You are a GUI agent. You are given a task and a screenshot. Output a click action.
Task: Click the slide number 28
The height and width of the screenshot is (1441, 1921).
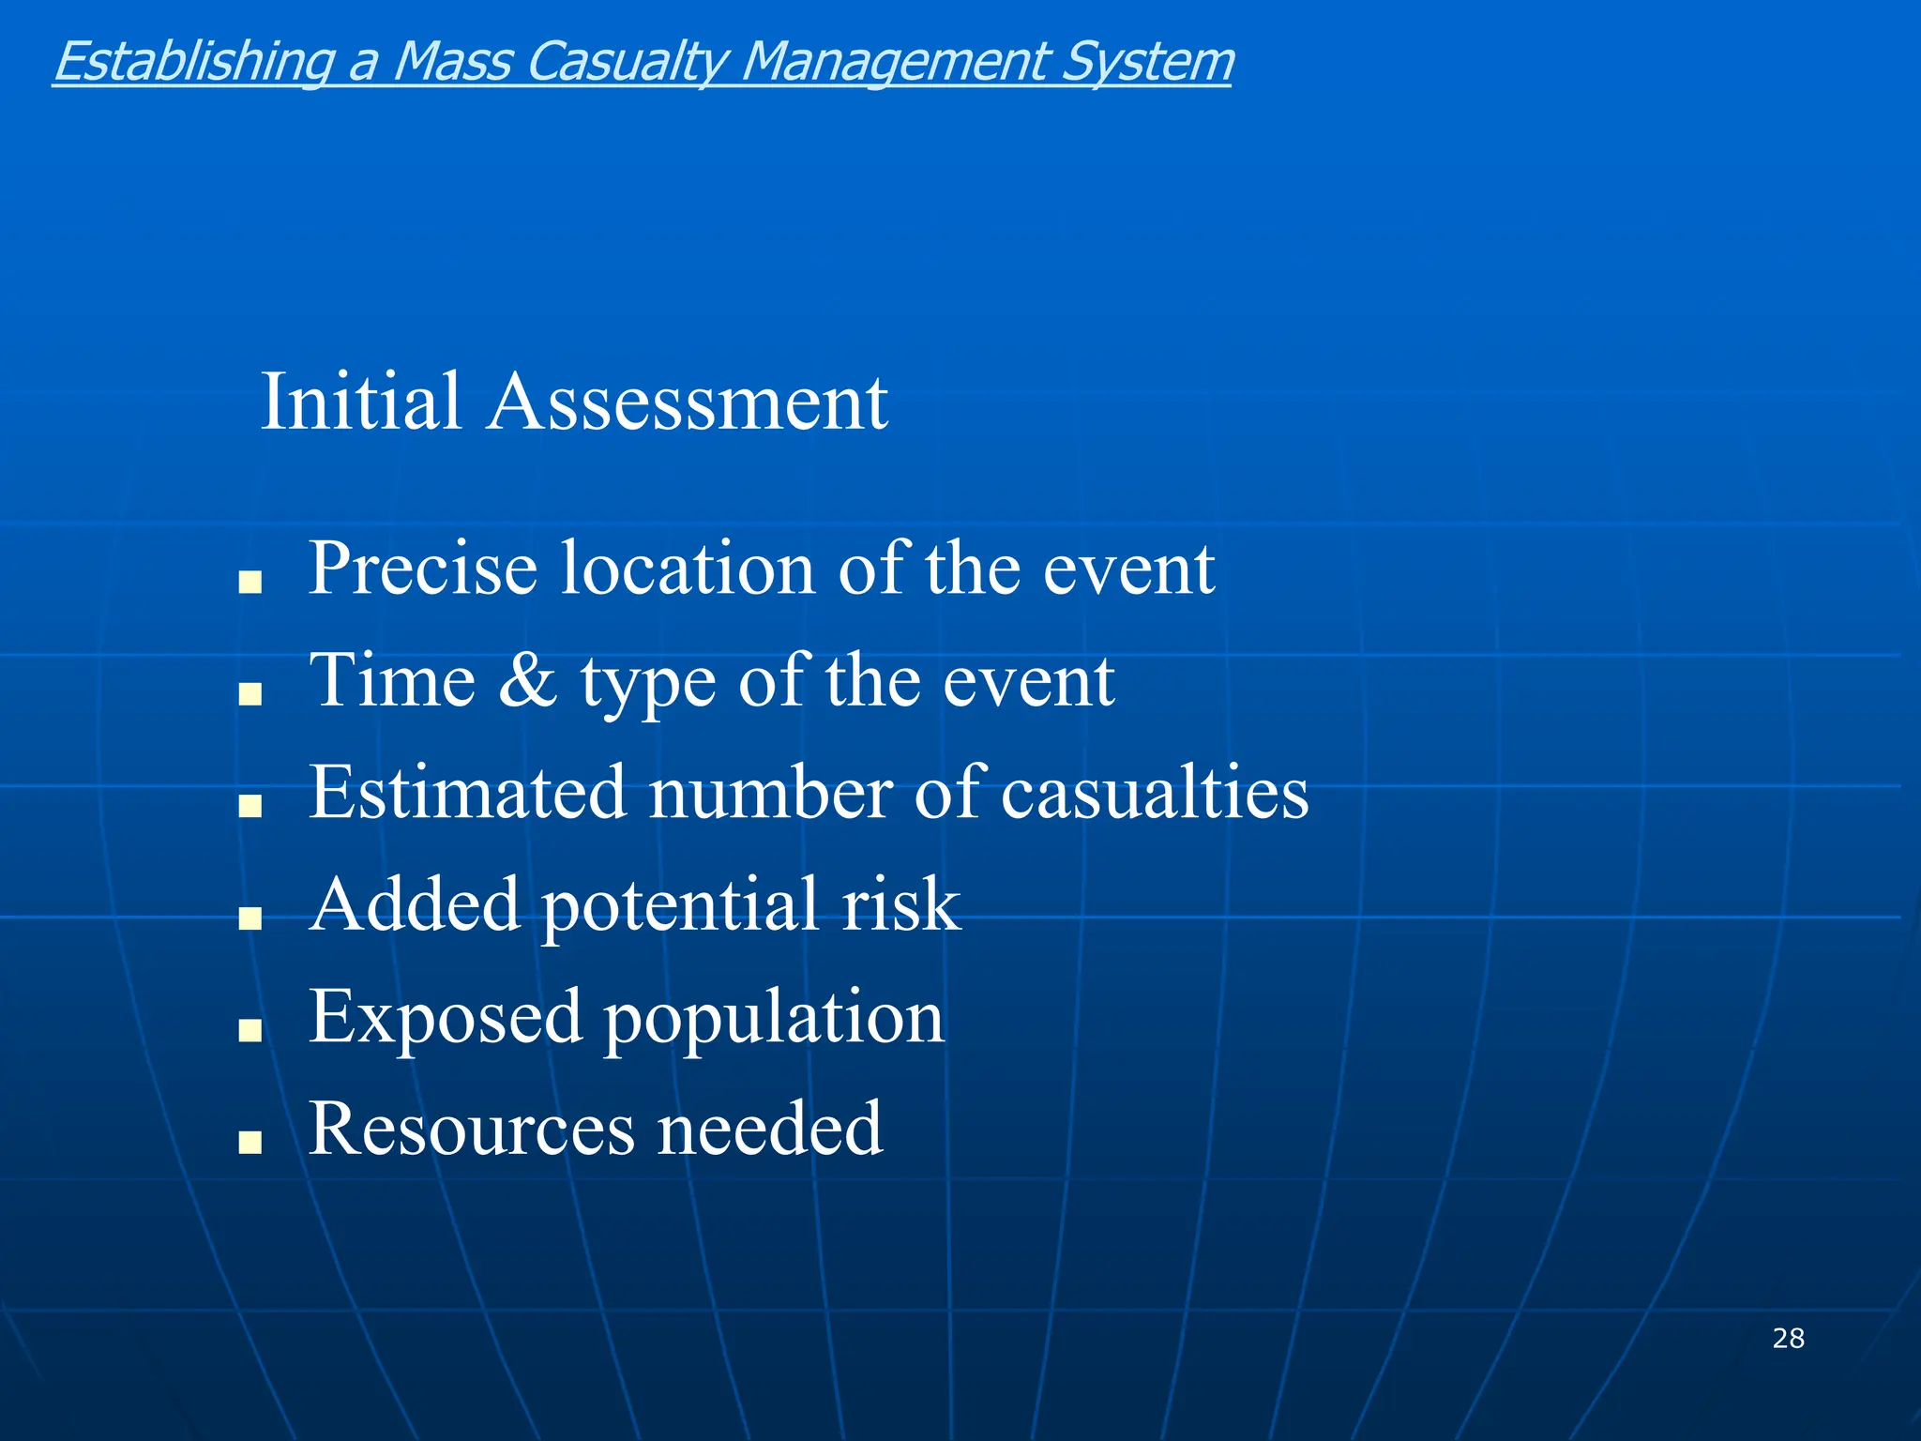coord(1788,1338)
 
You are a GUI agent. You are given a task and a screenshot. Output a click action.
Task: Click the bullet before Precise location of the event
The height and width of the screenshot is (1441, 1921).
coord(250,583)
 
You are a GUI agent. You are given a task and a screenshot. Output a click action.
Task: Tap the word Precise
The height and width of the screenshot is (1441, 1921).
coord(423,569)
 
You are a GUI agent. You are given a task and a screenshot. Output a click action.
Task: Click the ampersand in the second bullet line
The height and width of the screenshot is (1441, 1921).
coord(527,680)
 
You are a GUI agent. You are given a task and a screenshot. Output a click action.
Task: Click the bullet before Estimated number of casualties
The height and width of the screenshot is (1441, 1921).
coord(250,806)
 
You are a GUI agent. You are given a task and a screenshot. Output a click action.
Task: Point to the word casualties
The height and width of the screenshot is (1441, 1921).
coord(1155,793)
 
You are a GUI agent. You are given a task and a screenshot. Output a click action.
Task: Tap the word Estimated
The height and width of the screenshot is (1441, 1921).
coord(467,793)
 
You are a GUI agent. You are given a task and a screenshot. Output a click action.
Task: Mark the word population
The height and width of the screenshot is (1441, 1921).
coord(774,1019)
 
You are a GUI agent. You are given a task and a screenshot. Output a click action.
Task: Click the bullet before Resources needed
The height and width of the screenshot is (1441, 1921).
coord(250,1142)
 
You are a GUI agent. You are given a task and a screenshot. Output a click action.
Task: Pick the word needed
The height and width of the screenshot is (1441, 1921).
coord(769,1129)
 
